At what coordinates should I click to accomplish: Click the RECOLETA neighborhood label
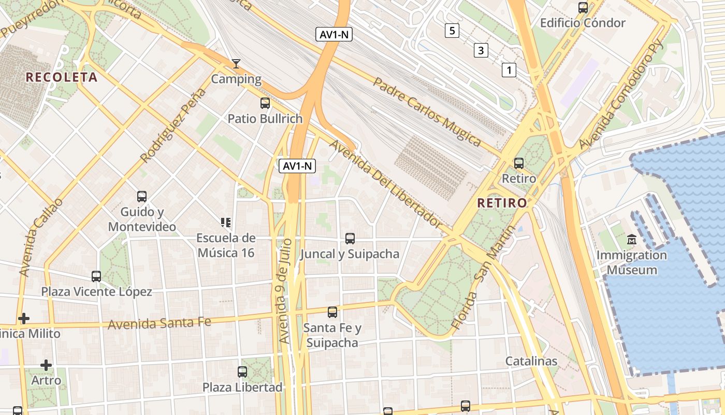(x=62, y=77)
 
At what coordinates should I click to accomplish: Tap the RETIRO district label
(x=502, y=203)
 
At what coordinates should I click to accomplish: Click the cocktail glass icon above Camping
(x=236, y=64)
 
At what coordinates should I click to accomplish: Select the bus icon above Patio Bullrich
(x=265, y=103)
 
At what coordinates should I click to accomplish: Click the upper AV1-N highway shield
(x=334, y=34)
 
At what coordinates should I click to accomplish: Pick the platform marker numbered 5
(x=452, y=31)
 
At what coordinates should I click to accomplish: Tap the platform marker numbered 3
(x=481, y=50)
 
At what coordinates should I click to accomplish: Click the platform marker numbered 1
(x=509, y=70)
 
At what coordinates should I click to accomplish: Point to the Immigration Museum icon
(x=632, y=240)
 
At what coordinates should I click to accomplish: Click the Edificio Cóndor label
(x=583, y=23)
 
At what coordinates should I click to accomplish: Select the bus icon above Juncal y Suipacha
(x=350, y=239)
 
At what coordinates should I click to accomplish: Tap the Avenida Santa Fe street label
(x=160, y=323)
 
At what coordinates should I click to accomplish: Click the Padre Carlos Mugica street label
(x=427, y=111)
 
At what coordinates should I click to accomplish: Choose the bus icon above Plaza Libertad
(x=242, y=372)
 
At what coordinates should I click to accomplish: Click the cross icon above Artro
(x=46, y=365)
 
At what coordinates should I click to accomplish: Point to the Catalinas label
(x=531, y=361)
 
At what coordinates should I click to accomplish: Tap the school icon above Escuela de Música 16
(x=226, y=223)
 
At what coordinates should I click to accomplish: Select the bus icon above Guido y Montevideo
(x=142, y=197)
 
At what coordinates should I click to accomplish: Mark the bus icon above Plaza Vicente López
(x=96, y=276)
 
